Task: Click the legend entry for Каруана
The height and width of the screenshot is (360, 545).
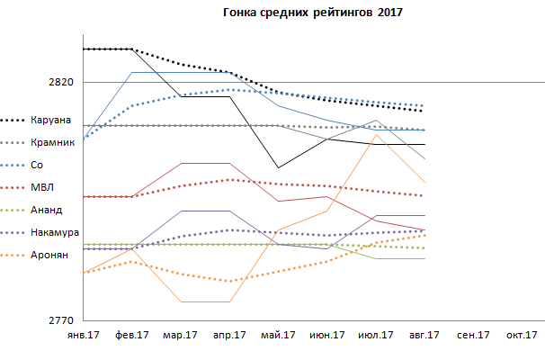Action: pyautogui.click(x=50, y=120)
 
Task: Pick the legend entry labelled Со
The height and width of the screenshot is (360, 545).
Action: pyautogui.click(x=36, y=165)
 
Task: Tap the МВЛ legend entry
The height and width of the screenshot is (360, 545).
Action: pyautogui.click(x=41, y=187)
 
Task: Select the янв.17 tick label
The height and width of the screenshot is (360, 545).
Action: pyautogui.click(x=83, y=336)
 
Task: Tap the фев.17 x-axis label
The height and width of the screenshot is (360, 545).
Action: pyautogui.click(x=131, y=336)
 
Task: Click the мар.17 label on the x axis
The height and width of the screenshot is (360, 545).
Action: pyautogui.click(x=180, y=336)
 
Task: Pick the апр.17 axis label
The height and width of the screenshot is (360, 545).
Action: pyautogui.click(x=229, y=336)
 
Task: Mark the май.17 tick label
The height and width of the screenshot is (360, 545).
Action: pyautogui.click(x=278, y=336)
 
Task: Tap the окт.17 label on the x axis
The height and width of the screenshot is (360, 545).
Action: pyautogui.click(x=521, y=336)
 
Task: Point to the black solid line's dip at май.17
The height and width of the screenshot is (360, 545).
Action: pyautogui.click(x=279, y=167)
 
